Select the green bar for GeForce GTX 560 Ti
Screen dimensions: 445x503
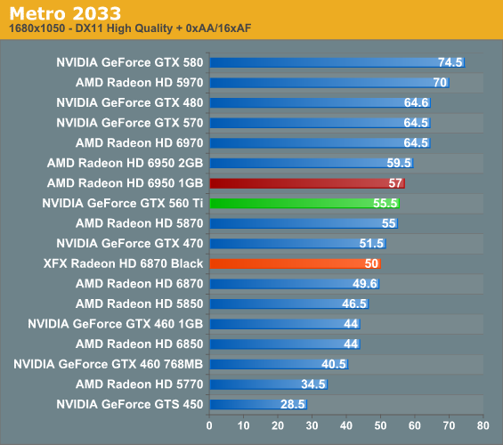tap(304, 203)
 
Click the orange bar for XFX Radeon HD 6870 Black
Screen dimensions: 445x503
tap(295, 263)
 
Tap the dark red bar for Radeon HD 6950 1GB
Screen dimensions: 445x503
tap(306, 182)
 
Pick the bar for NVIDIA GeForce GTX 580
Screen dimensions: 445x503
tap(337, 62)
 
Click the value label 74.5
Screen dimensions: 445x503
tap(450, 62)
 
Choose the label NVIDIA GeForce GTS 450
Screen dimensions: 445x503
tap(130, 404)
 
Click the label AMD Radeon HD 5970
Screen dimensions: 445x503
tap(140, 83)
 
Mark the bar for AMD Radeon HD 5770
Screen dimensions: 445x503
tap(268, 384)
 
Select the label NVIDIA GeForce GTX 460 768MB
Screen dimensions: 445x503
tap(109, 364)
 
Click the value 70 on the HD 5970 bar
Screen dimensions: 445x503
tap(440, 83)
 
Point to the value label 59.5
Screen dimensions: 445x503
tap(400, 163)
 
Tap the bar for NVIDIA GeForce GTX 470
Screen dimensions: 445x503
tap(297, 243)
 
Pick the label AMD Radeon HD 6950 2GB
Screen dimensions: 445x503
tap(126, 163)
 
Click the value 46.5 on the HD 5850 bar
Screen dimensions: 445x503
tap(355, 303)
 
